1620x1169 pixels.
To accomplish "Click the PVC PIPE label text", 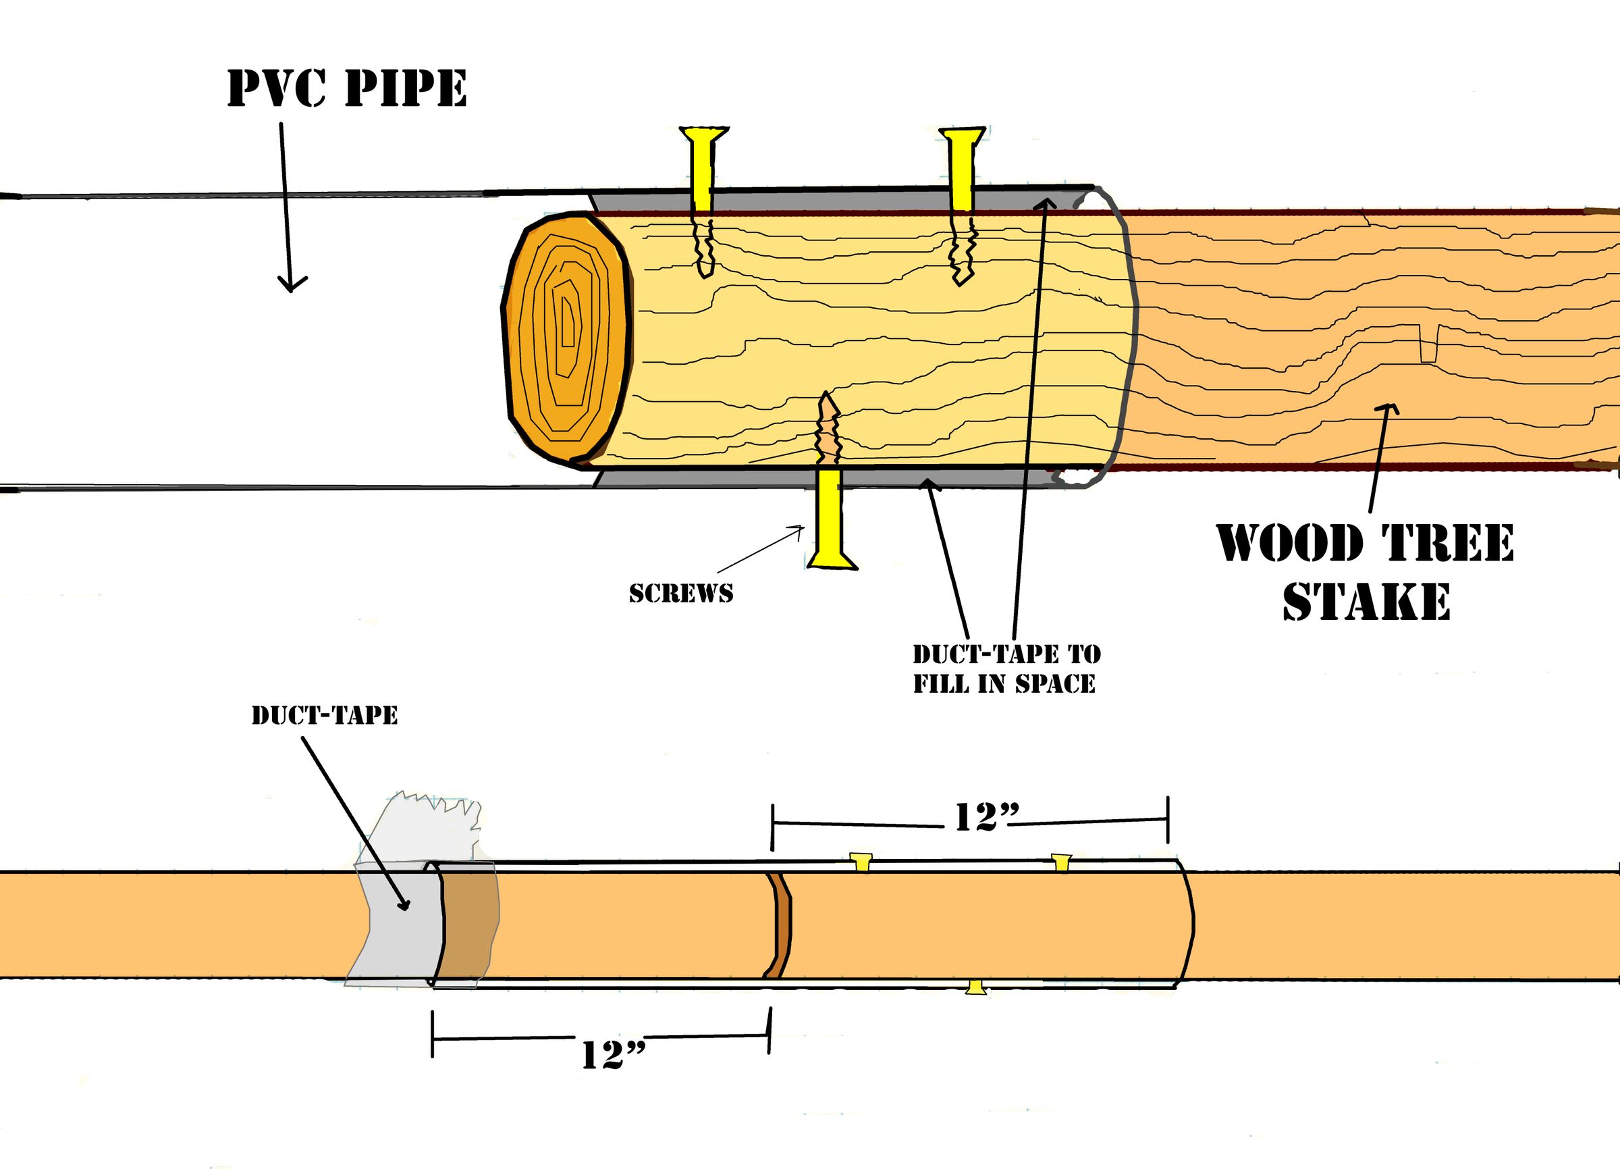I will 347,88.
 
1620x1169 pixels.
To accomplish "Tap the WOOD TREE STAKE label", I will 1365,571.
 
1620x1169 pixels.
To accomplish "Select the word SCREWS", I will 680,594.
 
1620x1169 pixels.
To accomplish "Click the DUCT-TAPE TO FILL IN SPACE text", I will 1006,669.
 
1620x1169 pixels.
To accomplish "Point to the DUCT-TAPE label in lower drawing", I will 324,715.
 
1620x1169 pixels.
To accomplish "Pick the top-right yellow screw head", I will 963,137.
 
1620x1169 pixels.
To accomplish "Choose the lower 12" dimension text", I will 613,1055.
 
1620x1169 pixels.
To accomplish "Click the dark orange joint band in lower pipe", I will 778,925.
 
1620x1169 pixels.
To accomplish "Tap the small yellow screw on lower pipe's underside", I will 976,988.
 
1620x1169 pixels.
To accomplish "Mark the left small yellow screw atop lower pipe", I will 861,862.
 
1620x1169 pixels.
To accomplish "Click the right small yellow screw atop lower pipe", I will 1062,862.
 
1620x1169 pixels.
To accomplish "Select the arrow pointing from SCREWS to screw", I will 761,548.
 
